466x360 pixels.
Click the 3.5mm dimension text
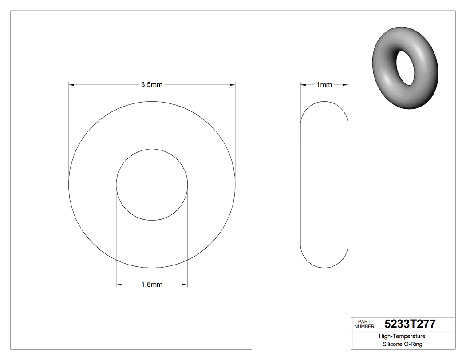152,85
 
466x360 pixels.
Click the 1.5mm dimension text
152,285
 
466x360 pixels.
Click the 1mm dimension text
324,85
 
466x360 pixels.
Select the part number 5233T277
410,324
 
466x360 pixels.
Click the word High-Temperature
402,336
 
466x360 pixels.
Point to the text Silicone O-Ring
402,344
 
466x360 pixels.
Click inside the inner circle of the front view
152,185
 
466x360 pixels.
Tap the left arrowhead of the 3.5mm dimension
71,84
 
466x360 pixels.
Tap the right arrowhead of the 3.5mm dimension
233,84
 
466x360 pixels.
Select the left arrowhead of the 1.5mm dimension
119,285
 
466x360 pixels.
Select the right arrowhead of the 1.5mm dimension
185,285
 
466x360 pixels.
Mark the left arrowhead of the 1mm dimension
303,84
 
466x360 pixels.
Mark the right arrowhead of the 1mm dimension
345,84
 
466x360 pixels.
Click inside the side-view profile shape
324,185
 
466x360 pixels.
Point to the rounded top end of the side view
324,103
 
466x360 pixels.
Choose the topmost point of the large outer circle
152,102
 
